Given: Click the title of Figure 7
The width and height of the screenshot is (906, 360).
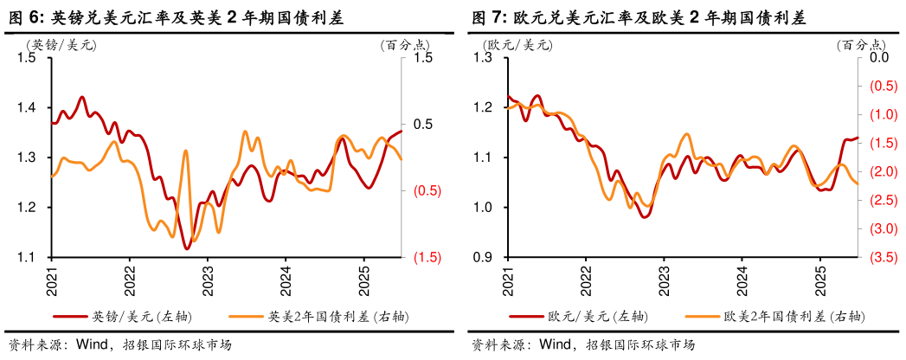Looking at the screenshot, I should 639,16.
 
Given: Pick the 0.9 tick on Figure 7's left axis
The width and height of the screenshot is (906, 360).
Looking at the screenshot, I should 482,258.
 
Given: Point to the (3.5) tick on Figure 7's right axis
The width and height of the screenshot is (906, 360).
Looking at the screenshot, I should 881,258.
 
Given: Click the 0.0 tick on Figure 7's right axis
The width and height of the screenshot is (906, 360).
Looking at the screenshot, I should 878,58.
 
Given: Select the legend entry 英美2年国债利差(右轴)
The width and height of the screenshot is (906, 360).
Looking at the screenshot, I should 329,317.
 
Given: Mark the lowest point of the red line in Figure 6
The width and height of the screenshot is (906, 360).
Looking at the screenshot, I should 187,249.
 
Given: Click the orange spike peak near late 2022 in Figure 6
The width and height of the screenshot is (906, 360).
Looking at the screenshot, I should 185,151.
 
